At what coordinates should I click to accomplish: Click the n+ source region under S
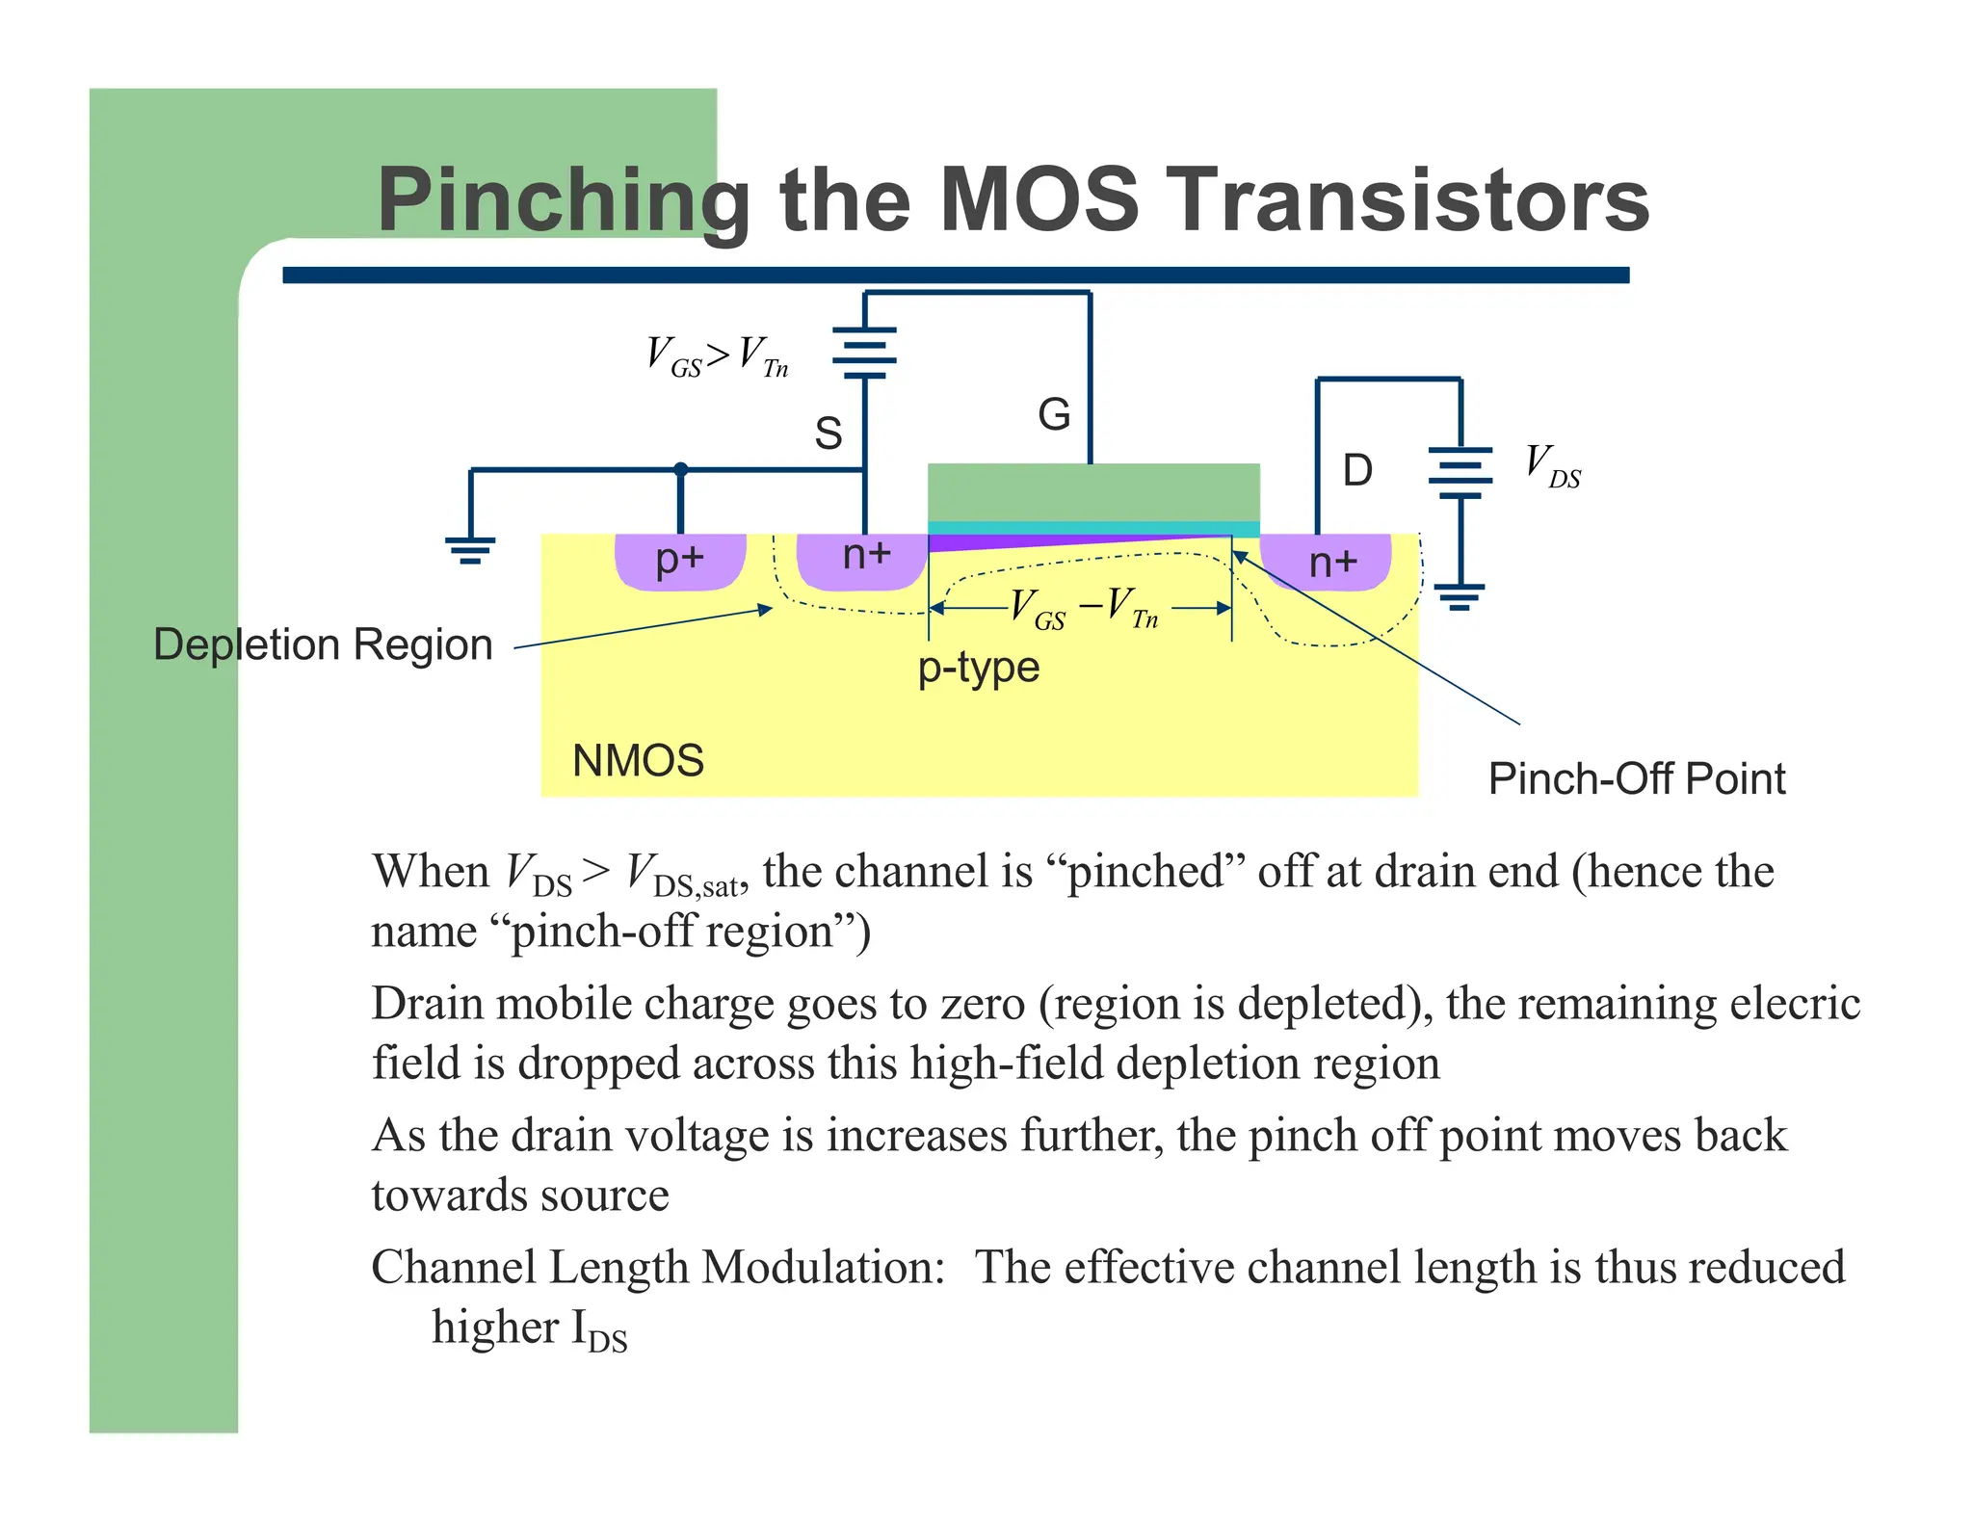pos(864,560)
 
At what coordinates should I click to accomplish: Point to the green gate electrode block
pos(1092,492)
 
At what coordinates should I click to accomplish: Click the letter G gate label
pos(1054,415)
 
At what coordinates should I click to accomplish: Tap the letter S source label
pos(828,433)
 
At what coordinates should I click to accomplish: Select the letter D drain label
pos(1356,471)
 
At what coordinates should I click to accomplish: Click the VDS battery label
pos(1551,465)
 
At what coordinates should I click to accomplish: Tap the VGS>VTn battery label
pos(717,356)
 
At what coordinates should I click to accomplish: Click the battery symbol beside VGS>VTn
pos(864,353)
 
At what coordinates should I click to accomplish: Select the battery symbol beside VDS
pos(1460,472)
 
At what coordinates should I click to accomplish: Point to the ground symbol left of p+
pos(470,550)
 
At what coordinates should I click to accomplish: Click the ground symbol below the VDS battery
pos(1460,596)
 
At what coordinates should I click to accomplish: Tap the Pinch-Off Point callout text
pos(1636,778)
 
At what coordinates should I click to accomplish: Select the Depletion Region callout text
pos(323,644)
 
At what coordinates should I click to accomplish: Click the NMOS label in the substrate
pos(638,761)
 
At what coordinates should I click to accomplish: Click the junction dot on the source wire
pos(681,469)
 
